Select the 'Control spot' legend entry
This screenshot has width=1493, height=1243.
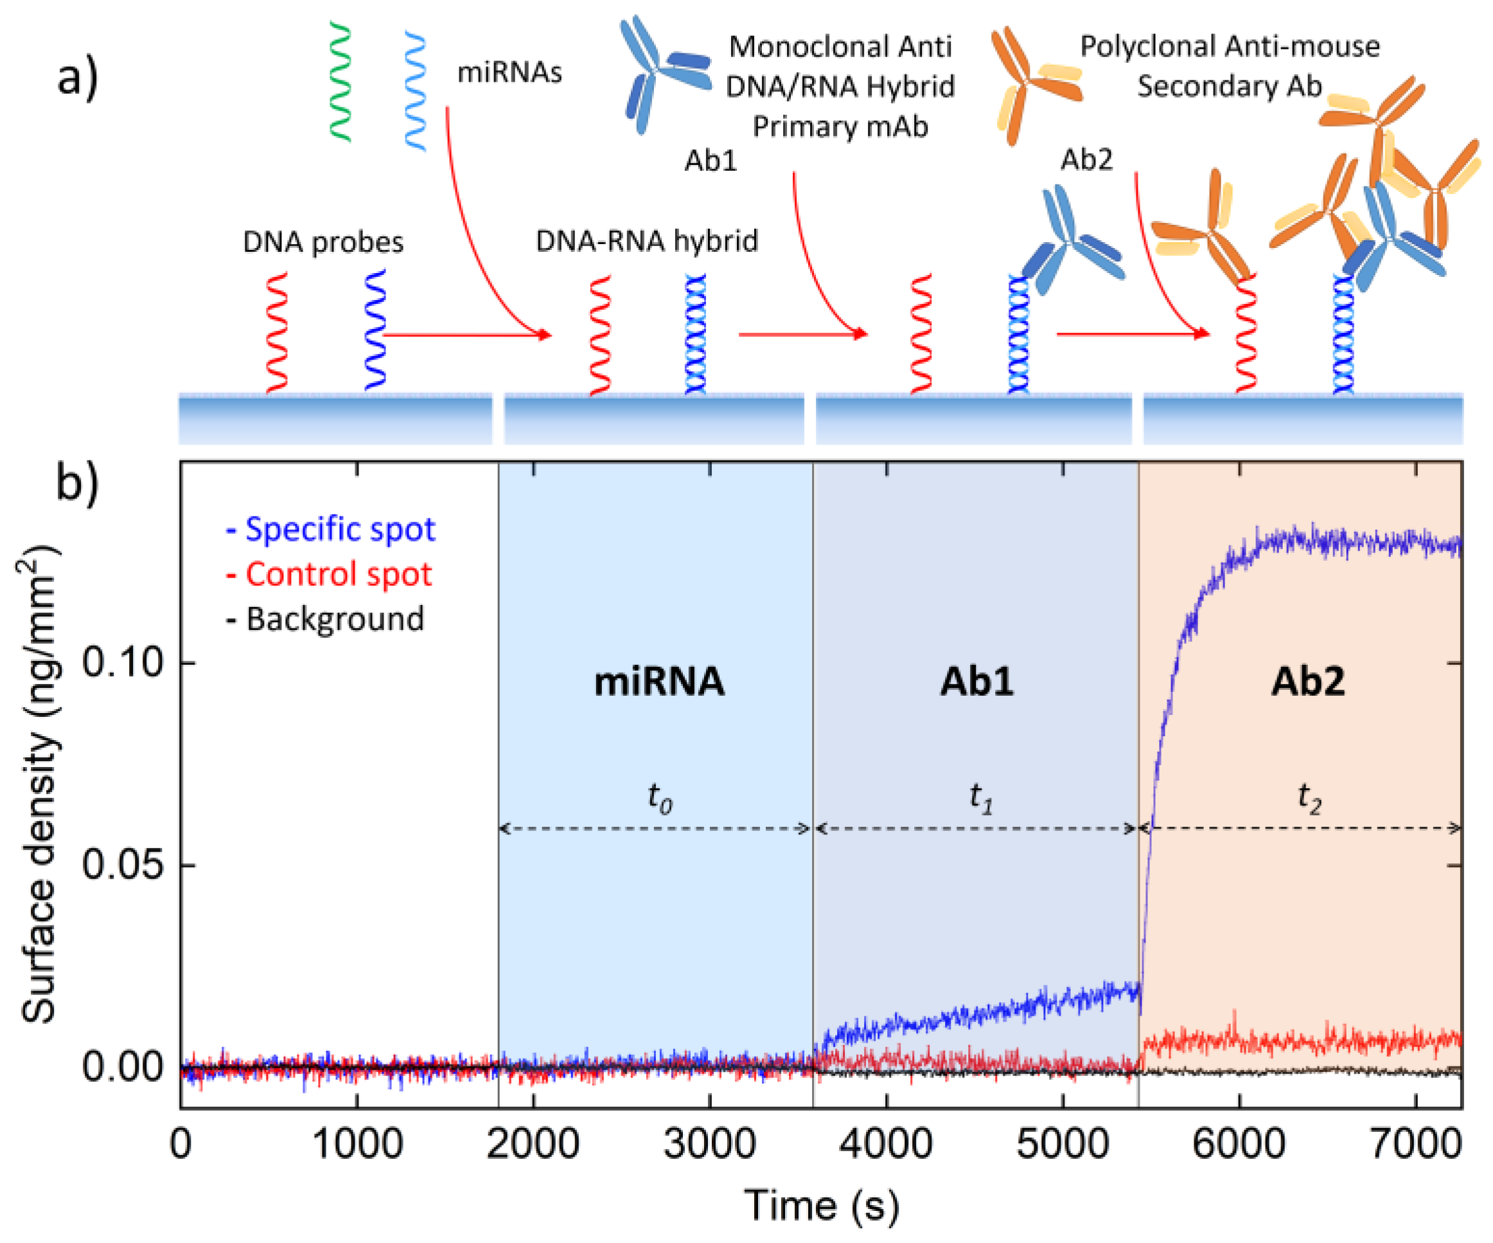(330, 574)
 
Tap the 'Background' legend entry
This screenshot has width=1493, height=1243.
(326, 619)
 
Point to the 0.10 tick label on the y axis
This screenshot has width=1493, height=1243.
(123, 663)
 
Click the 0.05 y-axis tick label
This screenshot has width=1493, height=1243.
(123, 865)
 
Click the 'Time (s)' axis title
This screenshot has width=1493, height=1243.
(821, 1206)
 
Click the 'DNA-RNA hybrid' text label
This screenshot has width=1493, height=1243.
(646, 241)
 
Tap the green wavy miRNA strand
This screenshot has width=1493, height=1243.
(340, 82)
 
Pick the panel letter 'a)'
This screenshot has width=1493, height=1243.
(78, 77)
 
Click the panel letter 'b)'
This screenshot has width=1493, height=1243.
(77, 483)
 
